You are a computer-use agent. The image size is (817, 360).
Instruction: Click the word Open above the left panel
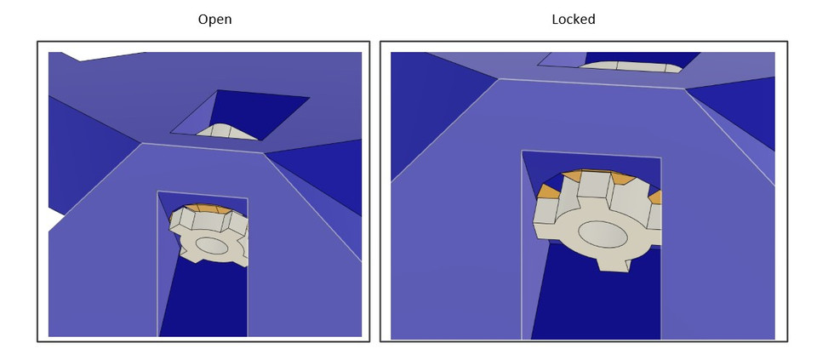click(214, 19)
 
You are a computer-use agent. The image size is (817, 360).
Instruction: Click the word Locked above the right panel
click(573, 19)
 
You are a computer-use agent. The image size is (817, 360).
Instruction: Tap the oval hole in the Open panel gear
click(211, 245)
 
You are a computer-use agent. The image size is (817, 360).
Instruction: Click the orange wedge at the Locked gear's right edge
click(655, 197)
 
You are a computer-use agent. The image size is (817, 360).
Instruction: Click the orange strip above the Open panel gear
click(203, 208)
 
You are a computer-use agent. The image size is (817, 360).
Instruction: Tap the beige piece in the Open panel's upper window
click(226, 131)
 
